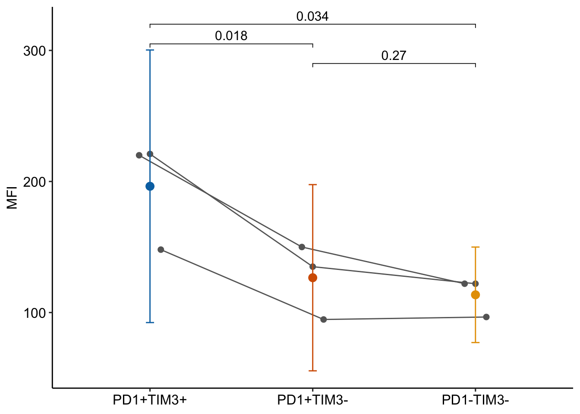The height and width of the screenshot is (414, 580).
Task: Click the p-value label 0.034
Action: (312, 16)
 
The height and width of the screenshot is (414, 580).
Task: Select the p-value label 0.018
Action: (231, 36)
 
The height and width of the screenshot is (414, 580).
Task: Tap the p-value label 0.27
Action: (394, 56)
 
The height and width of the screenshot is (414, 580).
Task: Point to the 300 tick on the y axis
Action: (34, 51)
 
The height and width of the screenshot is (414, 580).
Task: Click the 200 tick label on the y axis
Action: (34, 182)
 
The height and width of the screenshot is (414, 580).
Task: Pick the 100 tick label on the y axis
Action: (34, 313)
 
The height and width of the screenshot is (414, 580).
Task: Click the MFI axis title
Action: (13, 198)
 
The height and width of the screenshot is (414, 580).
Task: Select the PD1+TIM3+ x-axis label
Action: (150, 400)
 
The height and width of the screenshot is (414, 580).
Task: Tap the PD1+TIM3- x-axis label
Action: (312, 400)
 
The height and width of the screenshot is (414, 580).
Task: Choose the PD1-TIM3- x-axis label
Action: (475, 400)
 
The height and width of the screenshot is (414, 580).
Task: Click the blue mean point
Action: (150, 186)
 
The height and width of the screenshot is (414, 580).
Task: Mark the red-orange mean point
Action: (312, 278)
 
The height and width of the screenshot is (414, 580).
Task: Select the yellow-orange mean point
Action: (475, 295)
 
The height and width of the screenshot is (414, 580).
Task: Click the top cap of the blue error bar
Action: (150, 50)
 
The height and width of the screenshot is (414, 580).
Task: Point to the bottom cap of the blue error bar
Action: (150, 323)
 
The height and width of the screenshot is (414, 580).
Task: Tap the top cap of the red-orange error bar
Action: (312, 185)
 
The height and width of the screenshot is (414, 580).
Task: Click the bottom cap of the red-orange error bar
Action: (312, 371)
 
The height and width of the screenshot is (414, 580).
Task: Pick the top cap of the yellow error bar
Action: (475, 247)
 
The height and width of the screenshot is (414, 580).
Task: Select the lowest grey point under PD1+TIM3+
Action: (161, 250)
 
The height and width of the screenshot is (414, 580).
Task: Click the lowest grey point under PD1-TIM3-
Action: (486, 317)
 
